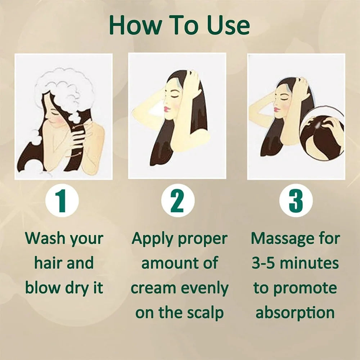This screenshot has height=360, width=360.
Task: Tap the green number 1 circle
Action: [x=62, y=201]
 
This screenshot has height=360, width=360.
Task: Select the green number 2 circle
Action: [x=177, y=201]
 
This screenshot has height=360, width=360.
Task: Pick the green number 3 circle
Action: [x=296, y=201]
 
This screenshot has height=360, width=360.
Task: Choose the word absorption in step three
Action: [x=295, y=313]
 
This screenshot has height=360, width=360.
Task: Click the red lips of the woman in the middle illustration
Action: [x=167, y=109]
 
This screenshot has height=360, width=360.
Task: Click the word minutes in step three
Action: [x=309, y=263]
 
